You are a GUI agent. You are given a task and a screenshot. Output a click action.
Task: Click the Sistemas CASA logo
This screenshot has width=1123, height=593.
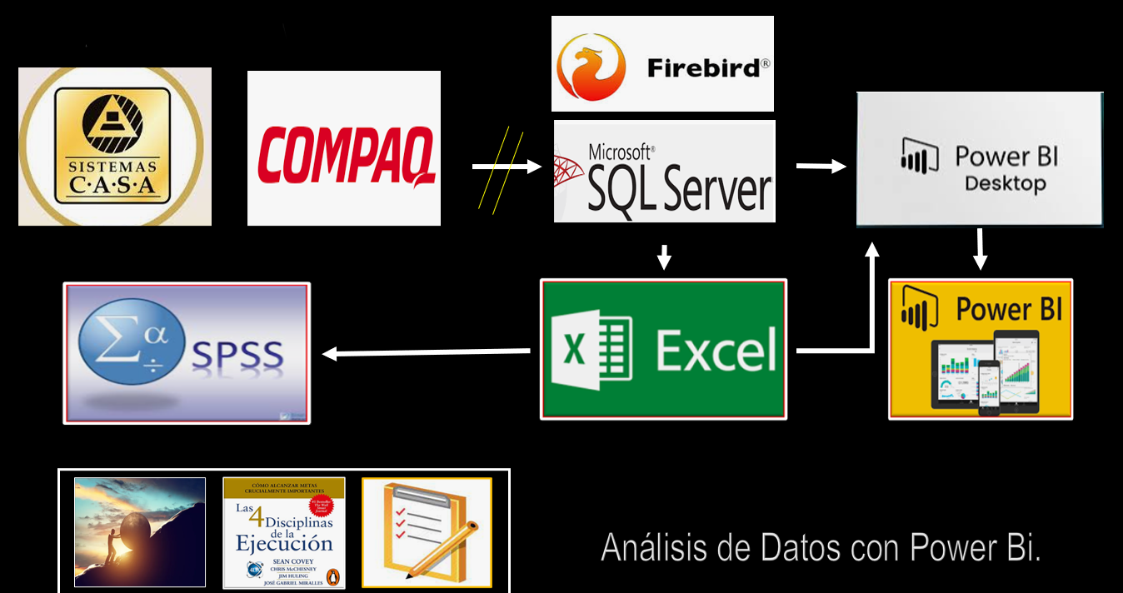pos(114,147)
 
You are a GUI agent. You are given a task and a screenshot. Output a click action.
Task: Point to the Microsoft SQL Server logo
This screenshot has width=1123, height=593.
pos(665,172)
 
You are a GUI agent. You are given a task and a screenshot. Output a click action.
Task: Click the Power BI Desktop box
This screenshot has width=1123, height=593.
pos(980,159)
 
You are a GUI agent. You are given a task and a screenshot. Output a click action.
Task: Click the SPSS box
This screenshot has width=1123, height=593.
pos(187,353)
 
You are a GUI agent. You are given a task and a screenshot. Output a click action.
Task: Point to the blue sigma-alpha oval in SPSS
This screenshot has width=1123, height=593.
pos(130,343)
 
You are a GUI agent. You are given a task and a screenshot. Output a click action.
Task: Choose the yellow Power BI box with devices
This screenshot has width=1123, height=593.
pos(981,349)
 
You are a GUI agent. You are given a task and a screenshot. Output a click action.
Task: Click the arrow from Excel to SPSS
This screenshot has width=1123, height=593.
pos(425,353)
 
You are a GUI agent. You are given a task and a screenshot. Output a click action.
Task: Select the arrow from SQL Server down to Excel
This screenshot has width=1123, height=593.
pos(663,257)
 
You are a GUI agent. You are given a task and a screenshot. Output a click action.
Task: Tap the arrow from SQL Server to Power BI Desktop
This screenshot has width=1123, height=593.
pos(821,167)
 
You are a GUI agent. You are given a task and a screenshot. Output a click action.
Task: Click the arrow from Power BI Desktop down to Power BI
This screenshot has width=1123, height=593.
pos(981,250)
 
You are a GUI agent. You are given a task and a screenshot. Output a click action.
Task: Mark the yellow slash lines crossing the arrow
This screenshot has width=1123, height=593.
pos(501,171)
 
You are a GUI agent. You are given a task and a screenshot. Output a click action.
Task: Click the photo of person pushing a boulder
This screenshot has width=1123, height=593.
pos(139,531)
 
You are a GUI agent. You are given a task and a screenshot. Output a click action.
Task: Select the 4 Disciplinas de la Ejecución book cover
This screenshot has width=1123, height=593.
pos(283,532)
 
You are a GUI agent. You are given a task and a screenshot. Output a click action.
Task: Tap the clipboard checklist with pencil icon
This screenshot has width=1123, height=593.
pos(427,531)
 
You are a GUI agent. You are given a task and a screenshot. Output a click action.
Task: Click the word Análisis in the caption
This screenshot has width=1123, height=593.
pos(664,548)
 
